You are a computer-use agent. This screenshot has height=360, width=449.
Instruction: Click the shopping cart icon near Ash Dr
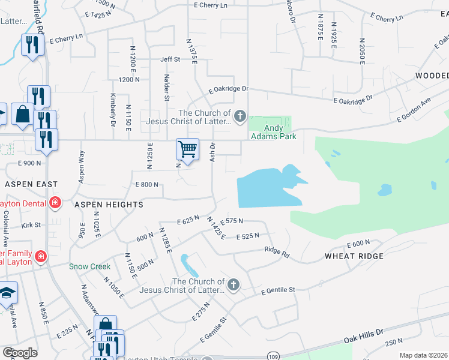188,149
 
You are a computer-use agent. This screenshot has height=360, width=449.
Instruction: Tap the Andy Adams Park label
273,132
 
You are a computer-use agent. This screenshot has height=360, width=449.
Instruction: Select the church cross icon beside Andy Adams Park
240,116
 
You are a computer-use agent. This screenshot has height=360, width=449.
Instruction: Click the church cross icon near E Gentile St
234,285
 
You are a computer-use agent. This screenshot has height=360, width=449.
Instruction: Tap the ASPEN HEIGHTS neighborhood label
109,205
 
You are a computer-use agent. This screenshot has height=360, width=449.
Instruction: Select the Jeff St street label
170,59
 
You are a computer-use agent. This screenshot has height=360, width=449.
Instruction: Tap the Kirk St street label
31,225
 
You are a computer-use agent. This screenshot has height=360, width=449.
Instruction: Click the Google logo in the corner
20,352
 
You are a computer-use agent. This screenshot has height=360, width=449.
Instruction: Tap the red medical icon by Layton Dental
55,202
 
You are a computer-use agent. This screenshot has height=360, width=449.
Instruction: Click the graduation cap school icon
7,293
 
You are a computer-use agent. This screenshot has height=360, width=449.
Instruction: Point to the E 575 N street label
232,221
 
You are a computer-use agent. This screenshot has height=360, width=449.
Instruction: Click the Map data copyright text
423,355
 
